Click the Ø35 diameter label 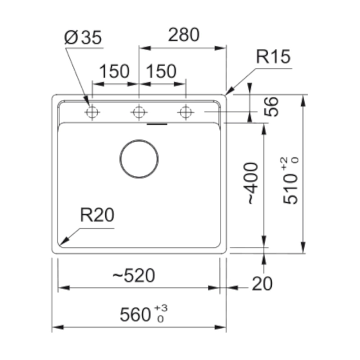click(x=83, y=38)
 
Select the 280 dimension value click(x=184, y=35)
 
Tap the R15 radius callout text click(x=273, y=56)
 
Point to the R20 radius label click(x=97, y=215)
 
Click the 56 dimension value click(x=271, y=106)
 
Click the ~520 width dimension click(x=134, y=275)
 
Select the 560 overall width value click(x=135, y=315)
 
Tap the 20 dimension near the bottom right click(x=262, y=284)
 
